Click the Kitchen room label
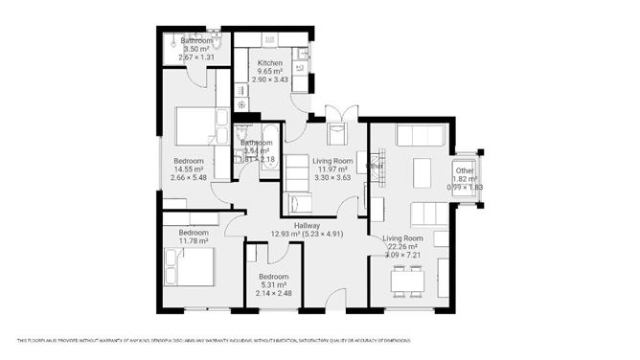tap(269, 62)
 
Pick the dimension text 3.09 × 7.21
tap(403, 256)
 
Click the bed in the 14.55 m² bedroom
tap(197, 124)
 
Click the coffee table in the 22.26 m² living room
tap(423, 172)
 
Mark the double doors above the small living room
tap(337, 111)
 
